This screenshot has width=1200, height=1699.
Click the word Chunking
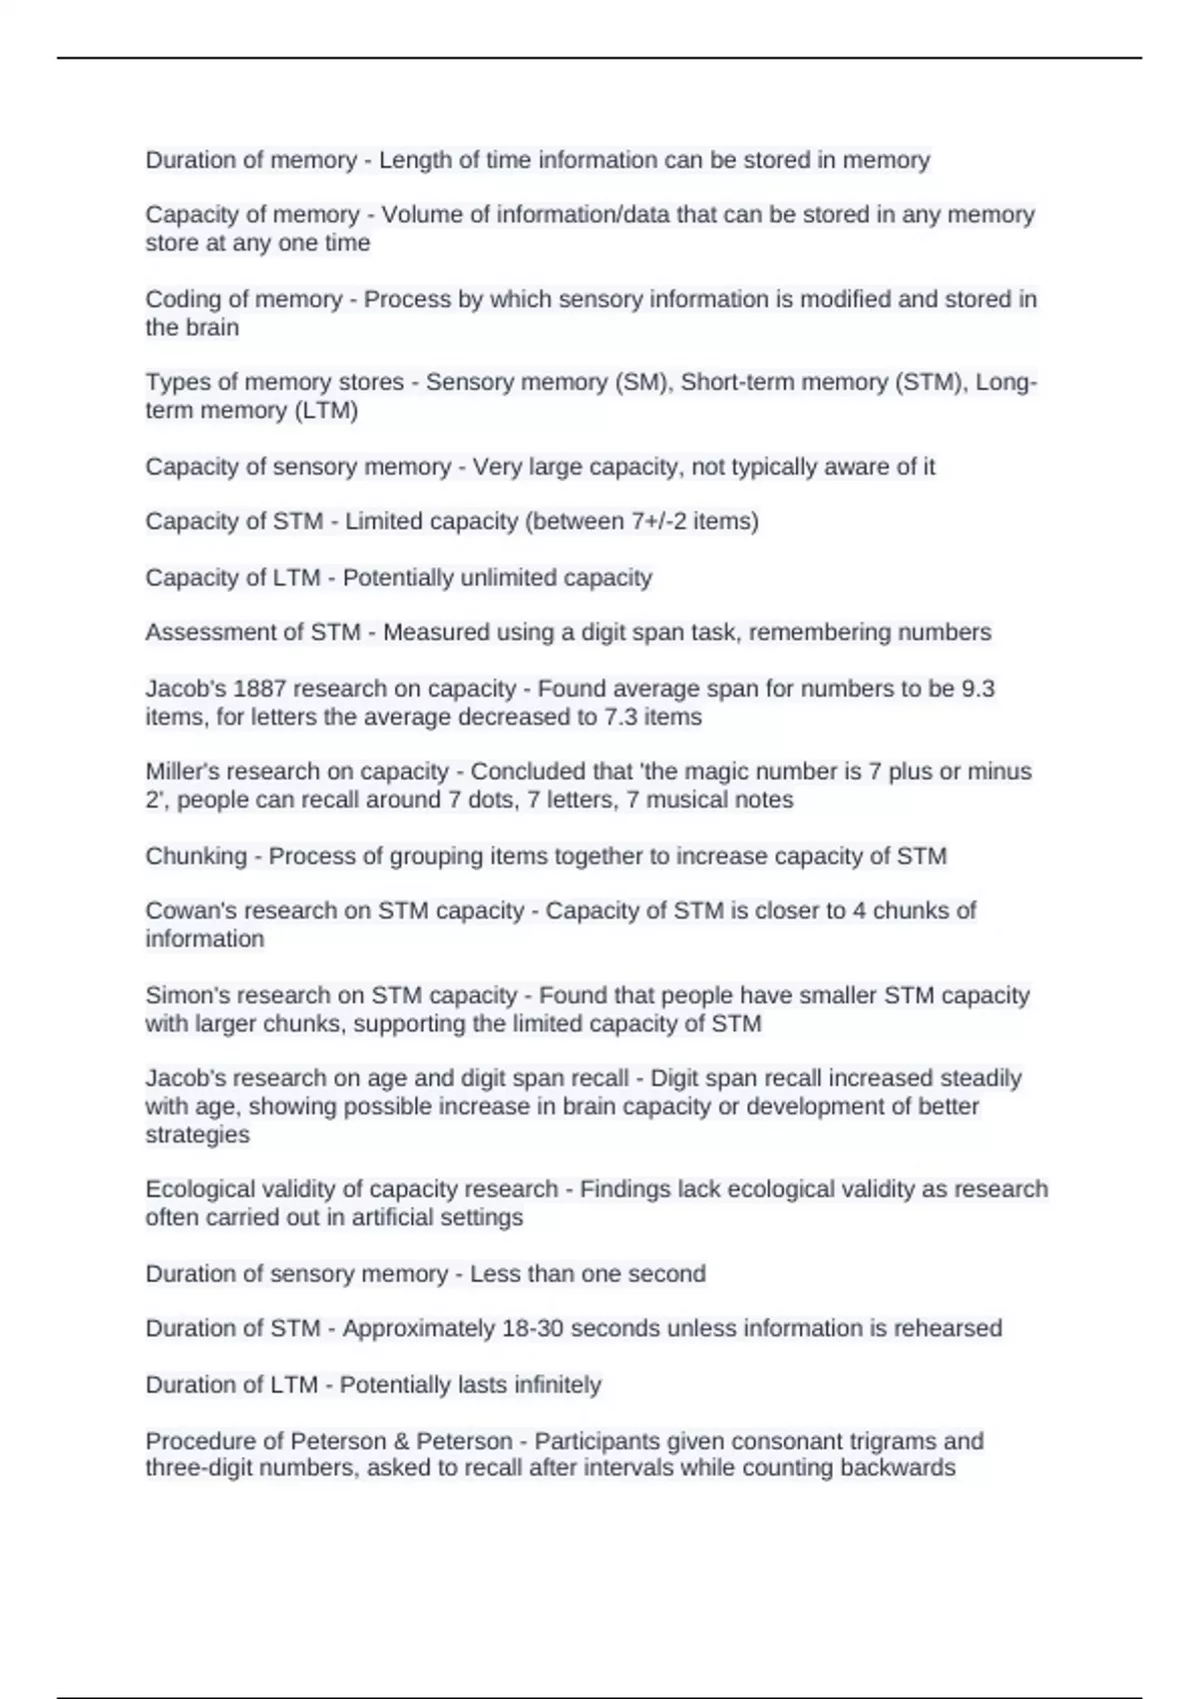(x=196, y=855)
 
